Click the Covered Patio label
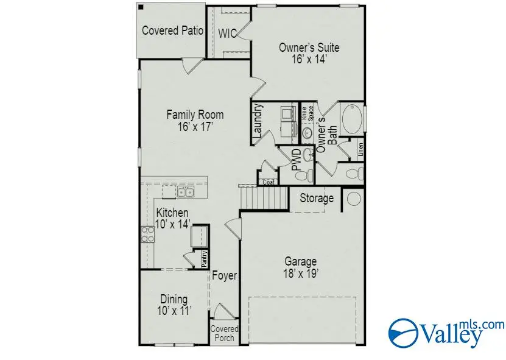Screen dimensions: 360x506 [x=169, y=30]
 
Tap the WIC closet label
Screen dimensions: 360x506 [x=228, y=33]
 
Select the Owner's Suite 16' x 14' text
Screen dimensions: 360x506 [x=309, y=53]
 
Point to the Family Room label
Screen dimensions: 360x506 [x=195, y=120]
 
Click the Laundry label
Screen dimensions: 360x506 [x=258, y=121]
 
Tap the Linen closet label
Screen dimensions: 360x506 [x=360, y=149]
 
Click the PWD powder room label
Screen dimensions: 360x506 [x=296, y=159]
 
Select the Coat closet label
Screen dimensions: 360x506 [x=267, y=182]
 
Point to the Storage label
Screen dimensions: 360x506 [x=317, y=199]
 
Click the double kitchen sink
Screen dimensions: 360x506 [x=185, y=192]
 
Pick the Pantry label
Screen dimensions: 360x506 [x=205, y=259]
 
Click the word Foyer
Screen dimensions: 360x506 [x=224, y=276]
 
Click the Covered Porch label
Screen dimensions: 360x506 [x=224, y=333]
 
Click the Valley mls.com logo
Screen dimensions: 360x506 [x=446, y=332]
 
